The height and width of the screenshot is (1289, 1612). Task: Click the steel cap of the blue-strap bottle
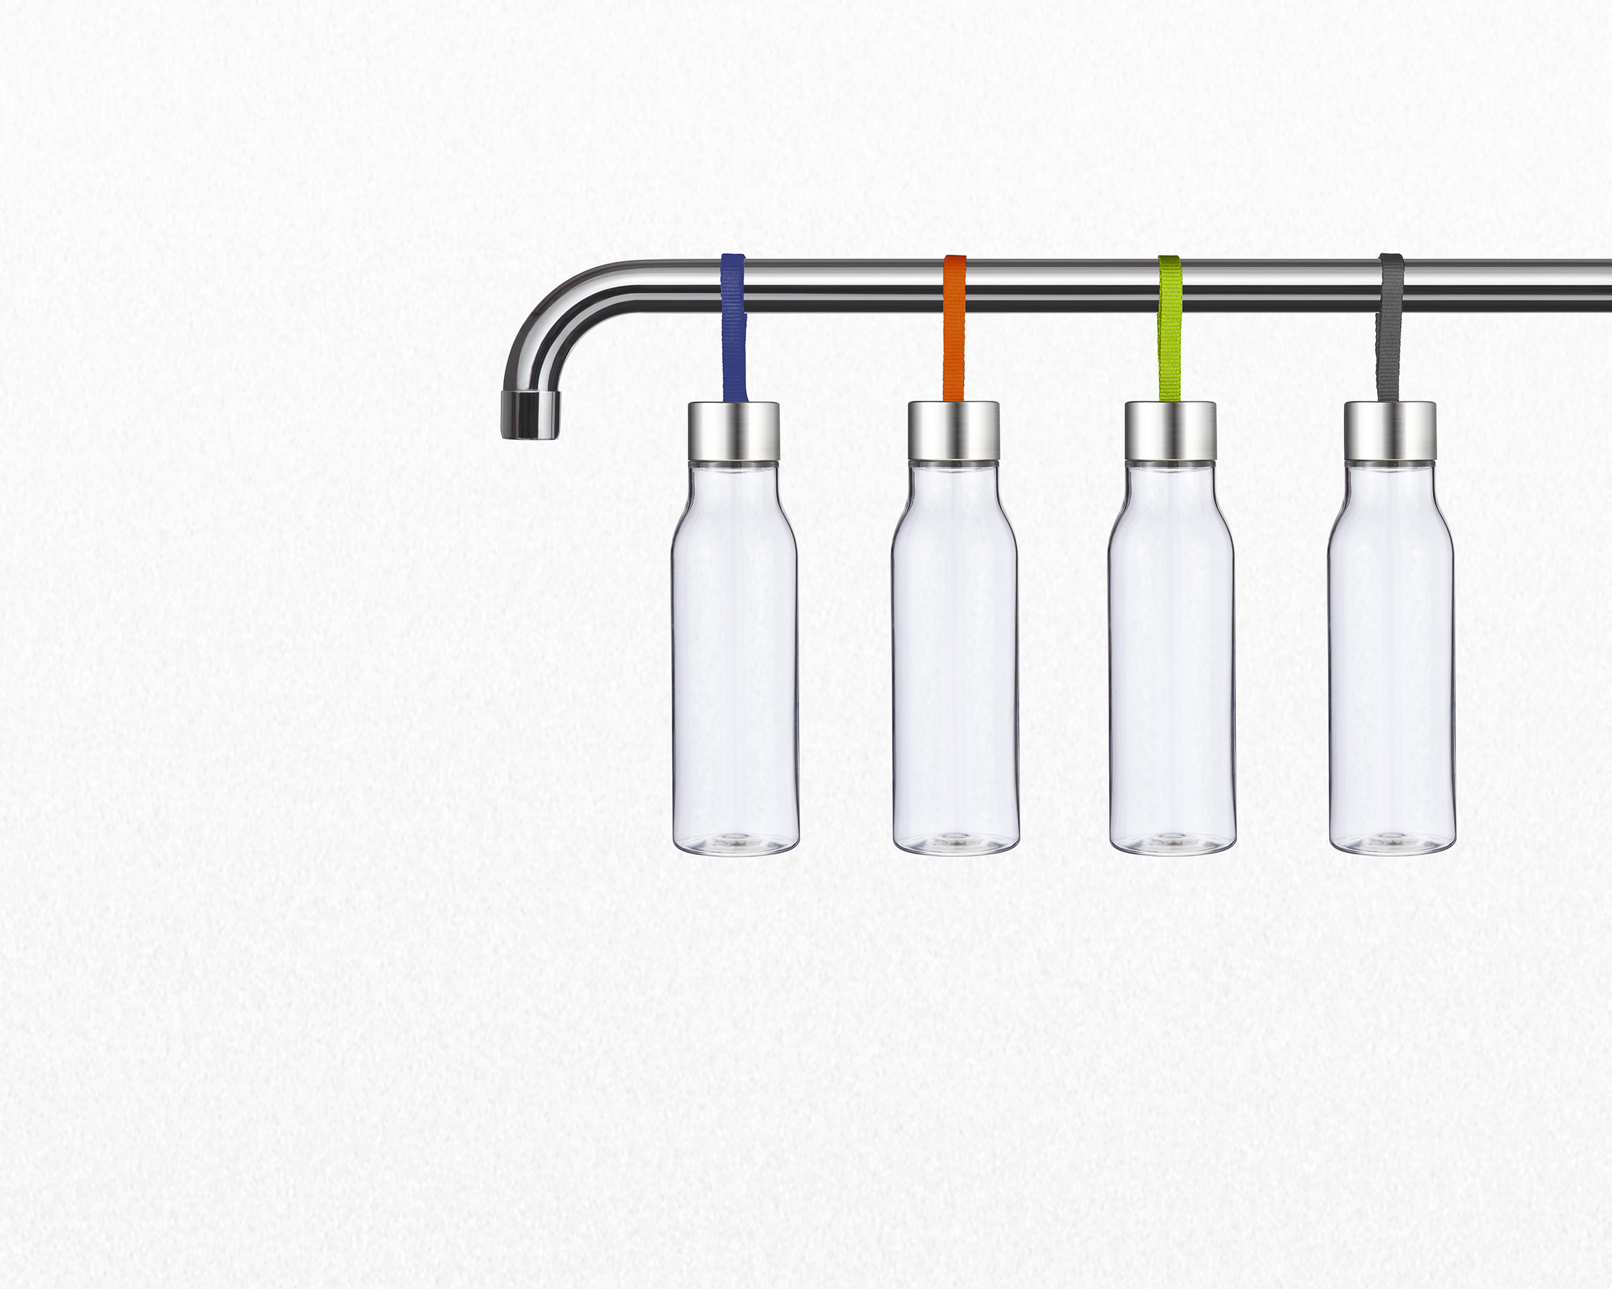click(x=733, y=431)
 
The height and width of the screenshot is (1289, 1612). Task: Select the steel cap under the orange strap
click(x=954, y=431)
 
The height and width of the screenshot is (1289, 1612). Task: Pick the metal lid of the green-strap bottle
click(x=1171, y=431)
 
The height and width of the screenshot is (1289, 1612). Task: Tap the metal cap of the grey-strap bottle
click(x=1390, y=431)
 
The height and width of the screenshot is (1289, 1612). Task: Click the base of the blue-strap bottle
click(x=736, y=843)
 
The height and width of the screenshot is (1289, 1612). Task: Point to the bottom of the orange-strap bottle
click(x=956, y=843)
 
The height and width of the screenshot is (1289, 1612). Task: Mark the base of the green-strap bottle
click(x=1173, y=843)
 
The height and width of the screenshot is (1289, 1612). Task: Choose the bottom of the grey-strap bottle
click(x=1392, y=843)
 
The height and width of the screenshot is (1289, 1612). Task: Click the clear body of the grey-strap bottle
click(x=1391, y=658)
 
